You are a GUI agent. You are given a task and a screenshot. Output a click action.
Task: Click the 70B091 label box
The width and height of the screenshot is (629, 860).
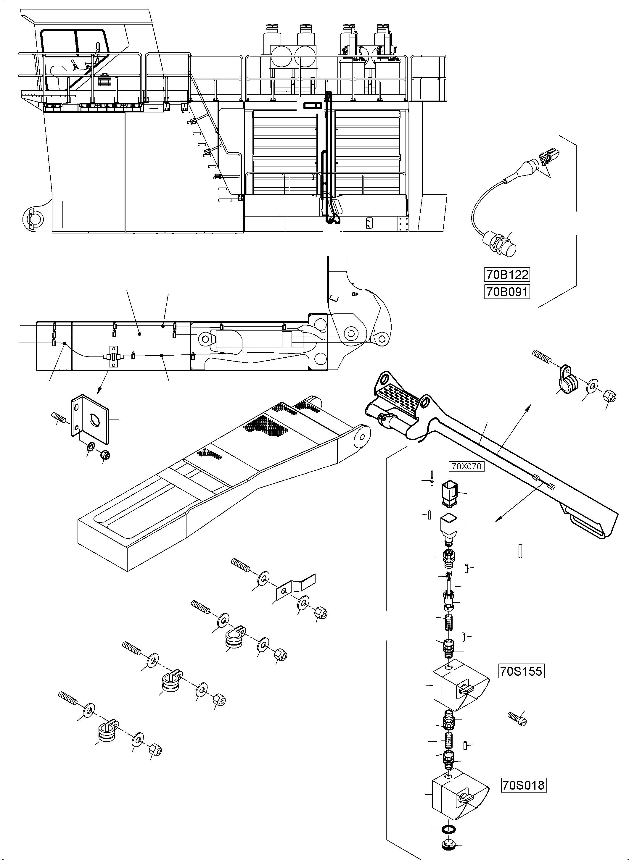507,292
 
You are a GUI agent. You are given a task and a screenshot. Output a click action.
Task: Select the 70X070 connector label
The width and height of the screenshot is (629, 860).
466,466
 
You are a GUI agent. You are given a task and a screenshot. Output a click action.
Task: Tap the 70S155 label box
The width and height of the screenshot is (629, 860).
521,671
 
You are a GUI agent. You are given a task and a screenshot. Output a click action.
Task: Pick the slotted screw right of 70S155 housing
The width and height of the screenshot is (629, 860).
517,719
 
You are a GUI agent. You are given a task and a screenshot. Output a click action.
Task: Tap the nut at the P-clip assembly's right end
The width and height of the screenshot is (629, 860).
609,396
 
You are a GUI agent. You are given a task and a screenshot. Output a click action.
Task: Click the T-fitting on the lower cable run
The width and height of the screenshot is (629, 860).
113,357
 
